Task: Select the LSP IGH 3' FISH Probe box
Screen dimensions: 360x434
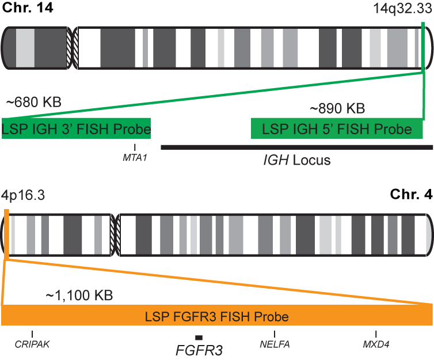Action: (x=76, y=129)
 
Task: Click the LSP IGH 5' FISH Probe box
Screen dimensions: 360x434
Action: (x=337, y=129)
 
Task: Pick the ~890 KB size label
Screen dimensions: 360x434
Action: (x=337, y=108)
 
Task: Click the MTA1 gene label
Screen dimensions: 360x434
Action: (x=135, y=157)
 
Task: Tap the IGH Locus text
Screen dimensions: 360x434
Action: (x=293, y=160)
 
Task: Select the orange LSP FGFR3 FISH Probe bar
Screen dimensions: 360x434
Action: (x=217, y=316)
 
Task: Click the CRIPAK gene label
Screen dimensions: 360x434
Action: (x=32, y=344)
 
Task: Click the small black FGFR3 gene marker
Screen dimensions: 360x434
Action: (x=199, y=337)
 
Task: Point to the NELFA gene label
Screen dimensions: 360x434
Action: (x=275, y=344)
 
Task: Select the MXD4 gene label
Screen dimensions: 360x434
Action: (x=376, y=344)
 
